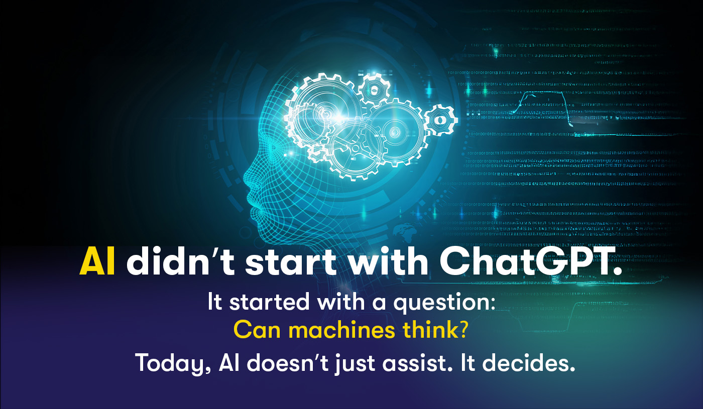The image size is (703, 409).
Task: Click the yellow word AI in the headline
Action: point(97,261)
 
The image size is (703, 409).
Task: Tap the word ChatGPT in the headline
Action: point(530,261)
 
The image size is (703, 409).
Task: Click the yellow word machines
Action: point(341,330)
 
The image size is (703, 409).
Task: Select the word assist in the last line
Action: point(417,362)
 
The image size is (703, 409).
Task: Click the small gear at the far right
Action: point(441,120)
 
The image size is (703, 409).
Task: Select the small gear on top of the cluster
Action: point(375,89)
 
